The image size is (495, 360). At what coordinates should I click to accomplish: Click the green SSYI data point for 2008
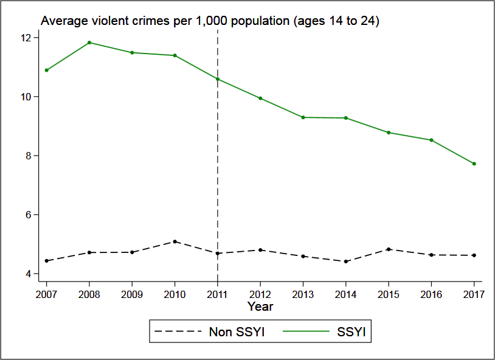[x=89, y=43]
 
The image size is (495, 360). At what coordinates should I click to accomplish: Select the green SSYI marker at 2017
[x=474, y=164]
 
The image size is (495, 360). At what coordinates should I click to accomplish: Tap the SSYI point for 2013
[x=303, y=117]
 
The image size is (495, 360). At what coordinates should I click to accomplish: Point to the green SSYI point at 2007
[x=46, y=70]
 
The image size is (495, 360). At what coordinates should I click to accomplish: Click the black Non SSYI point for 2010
[x=175, y=241]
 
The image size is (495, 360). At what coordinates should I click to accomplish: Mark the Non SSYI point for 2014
[x=346, y=261]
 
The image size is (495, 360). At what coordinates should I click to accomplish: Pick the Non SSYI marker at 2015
[x=389, y=249]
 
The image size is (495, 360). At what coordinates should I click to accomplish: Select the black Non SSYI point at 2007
[x=46, y=261]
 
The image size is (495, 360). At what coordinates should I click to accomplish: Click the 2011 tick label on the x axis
[x=218, y=294]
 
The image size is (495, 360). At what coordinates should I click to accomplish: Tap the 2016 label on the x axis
[x=431, y=294]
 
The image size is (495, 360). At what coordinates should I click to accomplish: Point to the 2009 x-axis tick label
[x=132, y=294]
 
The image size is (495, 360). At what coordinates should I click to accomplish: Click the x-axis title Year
[x=260, y=307]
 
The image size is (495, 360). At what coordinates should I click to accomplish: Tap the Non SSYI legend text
[x=237, y=332]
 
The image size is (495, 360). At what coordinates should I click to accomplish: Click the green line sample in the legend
[x=304, y=332]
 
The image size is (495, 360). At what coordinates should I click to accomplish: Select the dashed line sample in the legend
[x=180, y=332]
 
